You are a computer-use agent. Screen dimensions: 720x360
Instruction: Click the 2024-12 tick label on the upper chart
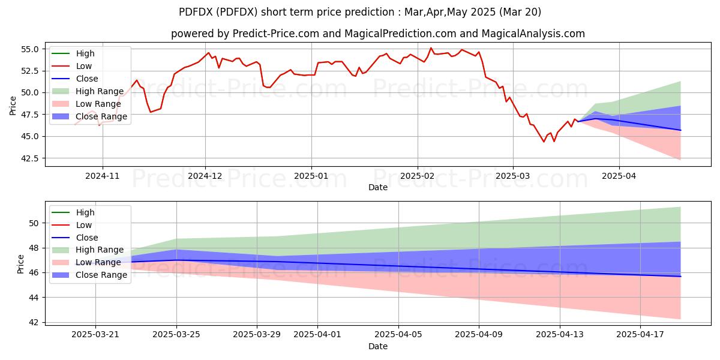pyautogui.click(x=205, y=176)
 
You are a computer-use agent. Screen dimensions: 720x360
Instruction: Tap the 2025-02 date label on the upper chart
pyautogui.click(x=417, y=176)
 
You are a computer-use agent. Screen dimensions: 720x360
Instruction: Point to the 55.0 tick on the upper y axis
pyautogui.click(x=29, y=49)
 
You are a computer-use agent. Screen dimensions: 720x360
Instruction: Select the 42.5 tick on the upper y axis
pyautogui.click(x=29, y=158)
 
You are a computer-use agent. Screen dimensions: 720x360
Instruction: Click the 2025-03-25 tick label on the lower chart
pyautogui.click(x=176, y=335)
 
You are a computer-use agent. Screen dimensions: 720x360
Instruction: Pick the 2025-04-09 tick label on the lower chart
pyautogui.click(x=479, y=335)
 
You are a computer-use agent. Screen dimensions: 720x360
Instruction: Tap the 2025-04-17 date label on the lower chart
pyautogui.click(x=640, y=335)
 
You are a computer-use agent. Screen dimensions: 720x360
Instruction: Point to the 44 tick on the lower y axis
pyautogui.click(x=34, y=298)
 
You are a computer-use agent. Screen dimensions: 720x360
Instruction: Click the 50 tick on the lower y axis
pyautogui.click(x=34, y=223)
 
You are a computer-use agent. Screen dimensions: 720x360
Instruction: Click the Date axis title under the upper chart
pyautogui.click(x=378, y=187)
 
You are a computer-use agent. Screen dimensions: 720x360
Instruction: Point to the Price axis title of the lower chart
pyautogui.click(x=20, y=264)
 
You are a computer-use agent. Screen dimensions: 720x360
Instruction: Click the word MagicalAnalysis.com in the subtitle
pyautogui.click(x=533, y=34)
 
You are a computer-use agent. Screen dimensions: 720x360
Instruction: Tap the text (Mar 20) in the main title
pyautogui.click(x=520, y=12)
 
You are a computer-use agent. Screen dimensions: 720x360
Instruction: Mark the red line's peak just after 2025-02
pyautogui.click(x=431, y=48)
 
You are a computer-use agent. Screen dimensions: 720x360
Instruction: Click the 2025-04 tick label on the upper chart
pyautogui.click(x=619, y=176)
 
